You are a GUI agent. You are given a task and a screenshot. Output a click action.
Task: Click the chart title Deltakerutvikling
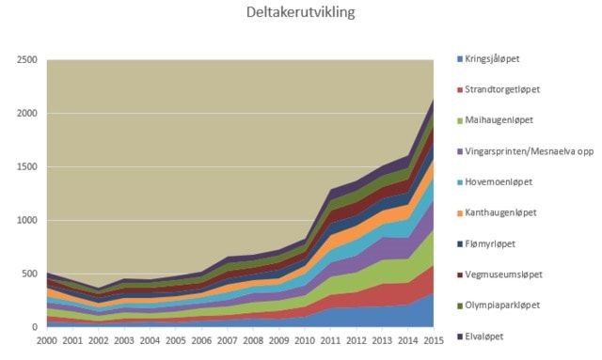[x=301, y=12]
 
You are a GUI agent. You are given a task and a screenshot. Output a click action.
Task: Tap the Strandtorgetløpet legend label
[x=502, y=90]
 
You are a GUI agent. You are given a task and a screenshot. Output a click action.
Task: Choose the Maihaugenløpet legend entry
[x=499, y=120]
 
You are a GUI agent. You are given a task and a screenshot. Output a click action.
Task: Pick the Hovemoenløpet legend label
[x=499, y=182]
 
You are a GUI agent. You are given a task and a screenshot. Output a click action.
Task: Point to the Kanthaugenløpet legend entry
[x=500, y=212]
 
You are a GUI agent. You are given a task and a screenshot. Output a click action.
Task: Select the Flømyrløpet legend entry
[x=490, y=243]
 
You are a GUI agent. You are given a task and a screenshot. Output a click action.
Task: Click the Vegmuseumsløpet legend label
[x=504, y=274]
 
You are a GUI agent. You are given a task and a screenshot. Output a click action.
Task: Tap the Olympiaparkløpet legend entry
[x=502, y=305]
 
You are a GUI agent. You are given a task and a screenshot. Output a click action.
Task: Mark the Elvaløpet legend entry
[x=483, y=337]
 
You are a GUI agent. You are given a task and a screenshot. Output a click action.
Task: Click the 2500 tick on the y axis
[x=27, y=60]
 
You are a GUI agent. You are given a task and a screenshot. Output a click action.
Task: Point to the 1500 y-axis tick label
[x=27, y=167]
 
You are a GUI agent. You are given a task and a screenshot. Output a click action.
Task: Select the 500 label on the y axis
[x=29, y=274]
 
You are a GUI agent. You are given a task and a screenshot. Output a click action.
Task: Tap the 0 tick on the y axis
[x=35, y=327]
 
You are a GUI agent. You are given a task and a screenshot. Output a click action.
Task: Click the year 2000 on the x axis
[x=47, y=340]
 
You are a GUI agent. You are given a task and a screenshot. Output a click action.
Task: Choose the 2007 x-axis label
[x=228, y=340]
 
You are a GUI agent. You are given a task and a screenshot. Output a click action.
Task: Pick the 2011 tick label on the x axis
[x=330, y=340]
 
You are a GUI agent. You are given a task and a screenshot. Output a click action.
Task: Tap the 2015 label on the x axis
[x=434, y=340]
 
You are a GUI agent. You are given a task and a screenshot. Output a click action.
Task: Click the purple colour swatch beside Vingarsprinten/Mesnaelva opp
[x=460, y=152]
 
